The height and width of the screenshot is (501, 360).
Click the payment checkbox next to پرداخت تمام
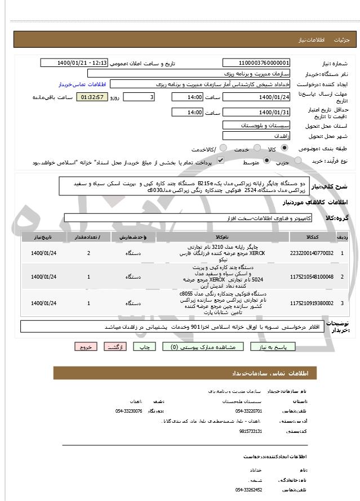[205, 161]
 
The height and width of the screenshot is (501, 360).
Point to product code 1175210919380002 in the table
[312, 303]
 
